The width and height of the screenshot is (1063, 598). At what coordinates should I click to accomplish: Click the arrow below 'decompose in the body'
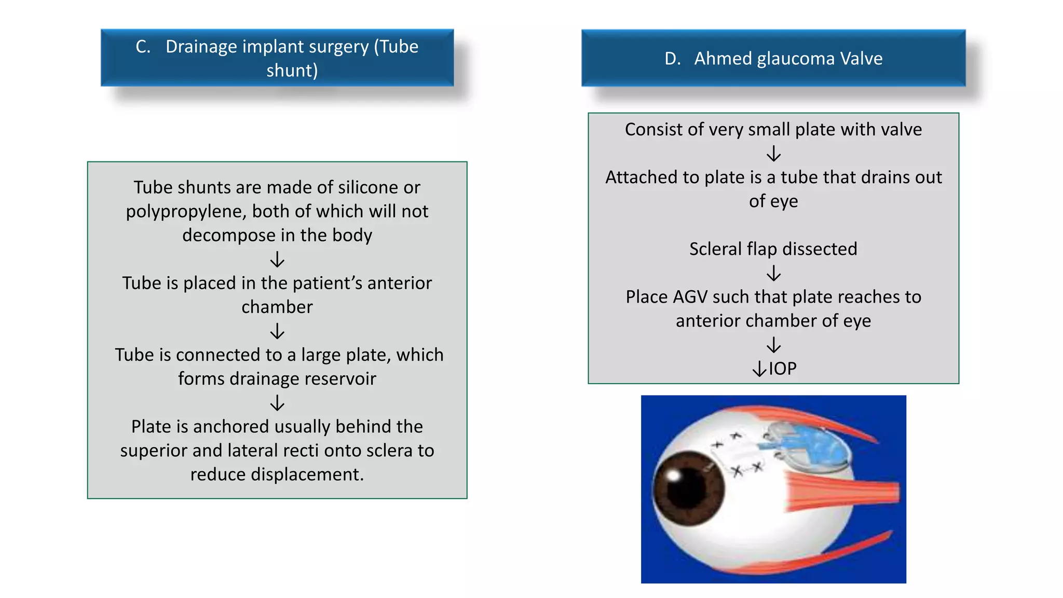277,259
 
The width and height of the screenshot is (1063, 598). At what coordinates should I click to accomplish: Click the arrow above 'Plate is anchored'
277,403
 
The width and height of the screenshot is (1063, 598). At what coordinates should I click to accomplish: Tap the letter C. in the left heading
143,47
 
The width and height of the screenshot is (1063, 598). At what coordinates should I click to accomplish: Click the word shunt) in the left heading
292,71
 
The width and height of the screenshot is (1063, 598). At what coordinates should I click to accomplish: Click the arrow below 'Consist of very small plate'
773,154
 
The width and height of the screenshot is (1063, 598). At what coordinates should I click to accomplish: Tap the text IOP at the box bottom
782,369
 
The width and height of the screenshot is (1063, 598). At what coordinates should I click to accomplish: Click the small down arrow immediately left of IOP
759,369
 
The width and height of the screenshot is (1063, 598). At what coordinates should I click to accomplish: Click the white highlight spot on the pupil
674,475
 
